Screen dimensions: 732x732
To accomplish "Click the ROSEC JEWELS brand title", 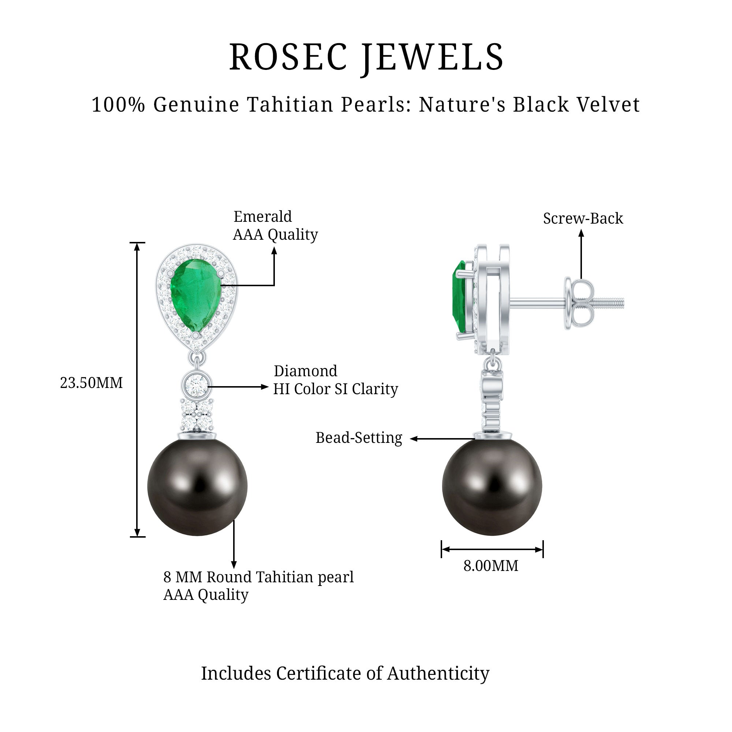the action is click(x=366, y=57).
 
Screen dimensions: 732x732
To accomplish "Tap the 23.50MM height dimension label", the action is click(x=91, y=383).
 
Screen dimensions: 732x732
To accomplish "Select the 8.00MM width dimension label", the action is click(x=491, y=566).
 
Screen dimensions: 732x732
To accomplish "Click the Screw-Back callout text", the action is click(x=583, y=219).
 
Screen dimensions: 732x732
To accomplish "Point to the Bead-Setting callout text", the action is click(x=359, y=438).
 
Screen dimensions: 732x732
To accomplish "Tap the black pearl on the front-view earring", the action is click(x=197, y=487).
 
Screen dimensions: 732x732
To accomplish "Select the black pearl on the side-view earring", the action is click(x=492, y=487).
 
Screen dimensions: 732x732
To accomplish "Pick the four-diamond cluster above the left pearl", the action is click(x=197, y=415).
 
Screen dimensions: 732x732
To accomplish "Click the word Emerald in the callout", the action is click(x=262, y=217).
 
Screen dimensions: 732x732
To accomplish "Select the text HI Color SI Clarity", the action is click(x=335, y=389).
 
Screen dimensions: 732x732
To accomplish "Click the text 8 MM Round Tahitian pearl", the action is click(x=258, y=577).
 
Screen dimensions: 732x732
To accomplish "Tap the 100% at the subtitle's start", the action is click(x=119, y=105).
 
